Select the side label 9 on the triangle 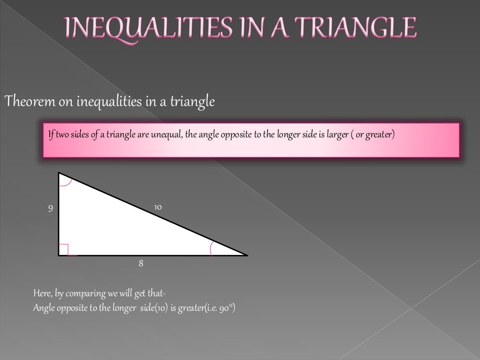point(51,208)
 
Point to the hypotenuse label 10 point(158,206)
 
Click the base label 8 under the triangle point(141,263)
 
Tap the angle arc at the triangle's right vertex point(212,248)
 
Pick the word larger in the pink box point(337,135)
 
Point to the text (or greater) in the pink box point(375,135)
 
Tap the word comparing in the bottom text point(84,294)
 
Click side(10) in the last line point(153,309)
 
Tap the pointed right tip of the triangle point(246,255)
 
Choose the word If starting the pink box point(51,135)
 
